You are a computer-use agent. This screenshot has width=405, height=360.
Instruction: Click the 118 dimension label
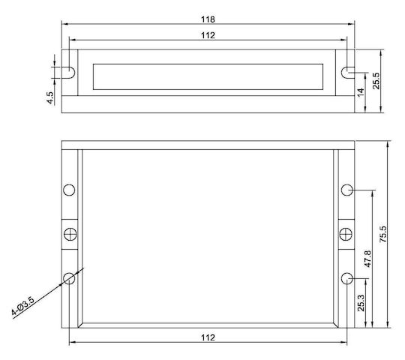pyautogui.click(x=208, y=19)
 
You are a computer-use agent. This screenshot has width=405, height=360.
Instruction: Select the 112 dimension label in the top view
pyautogui.click(x=208, y=35)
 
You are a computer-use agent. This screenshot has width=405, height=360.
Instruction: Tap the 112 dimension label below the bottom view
pyautogui.click(x=208, y=337)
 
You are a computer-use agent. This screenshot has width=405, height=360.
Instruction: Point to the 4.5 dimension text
pyautogui.click(x=50, y=98)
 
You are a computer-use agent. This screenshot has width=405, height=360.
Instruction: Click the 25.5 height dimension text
pyautogui.click(x=376, y=81)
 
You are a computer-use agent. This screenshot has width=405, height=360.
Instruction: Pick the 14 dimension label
pyautogui.click(x=361, y=92)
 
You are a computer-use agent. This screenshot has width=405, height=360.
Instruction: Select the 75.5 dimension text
pyautogui.click(x=383, y=234)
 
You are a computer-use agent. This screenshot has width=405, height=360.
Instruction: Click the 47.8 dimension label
pyautogui.click(x=367, y=259)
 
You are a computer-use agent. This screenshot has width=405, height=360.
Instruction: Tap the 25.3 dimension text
pyautogui.click(x=361, y=303)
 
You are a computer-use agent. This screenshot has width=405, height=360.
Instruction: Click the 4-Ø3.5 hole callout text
pyautogui.click(x=22, y=306)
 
